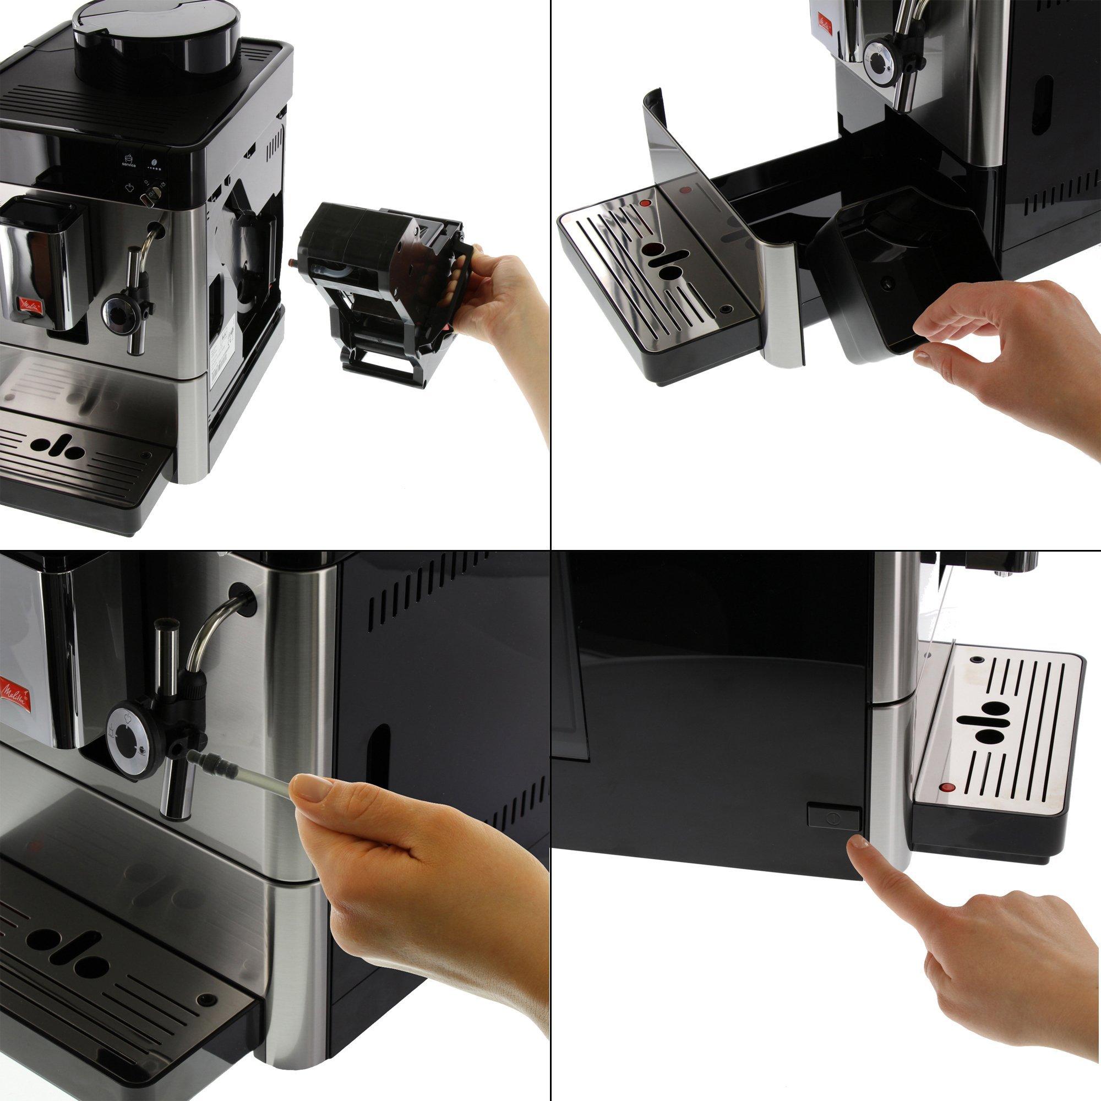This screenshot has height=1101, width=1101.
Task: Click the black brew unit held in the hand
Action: pos(376,268)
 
